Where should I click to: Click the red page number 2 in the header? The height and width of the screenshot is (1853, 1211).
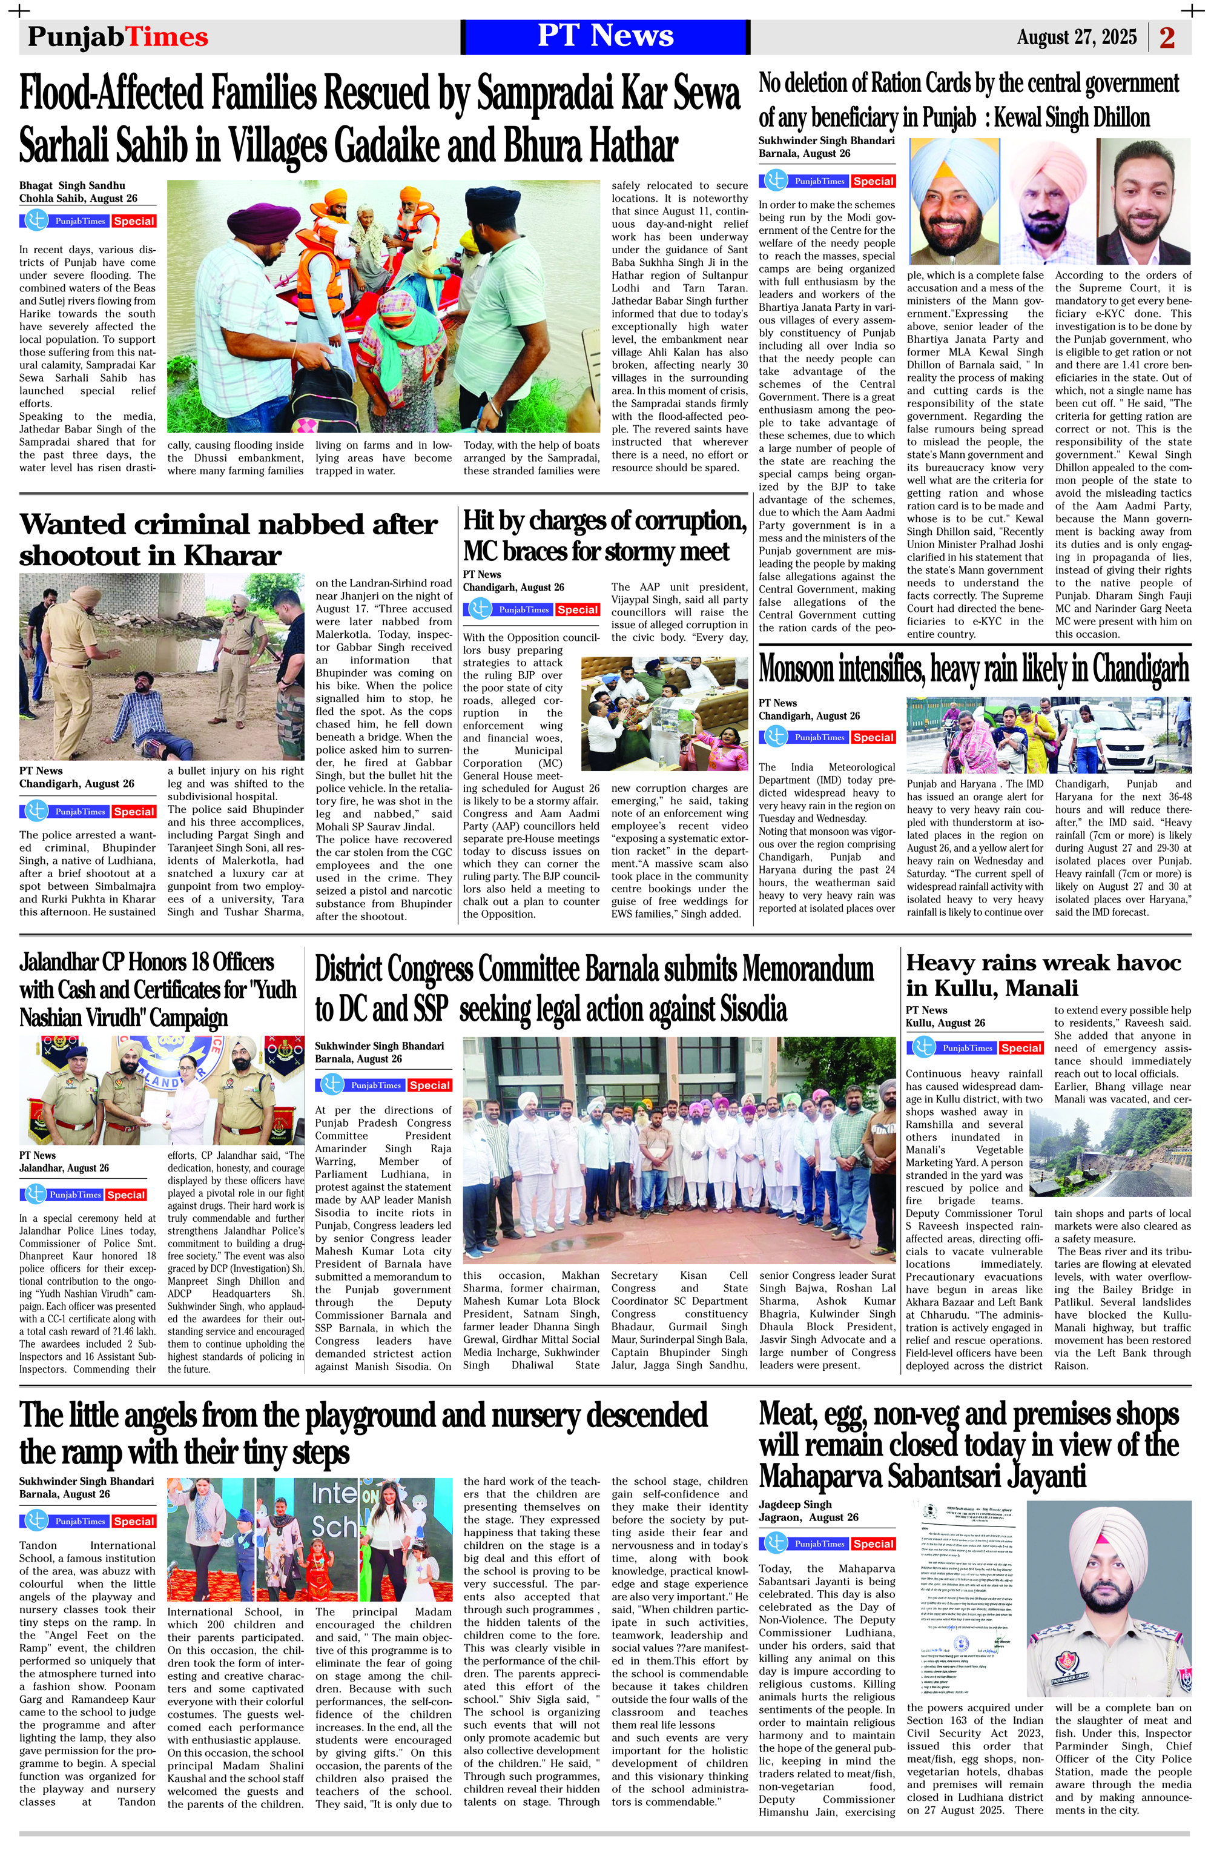click(1167, 38)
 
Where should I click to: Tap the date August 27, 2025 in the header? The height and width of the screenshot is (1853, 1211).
click(1077, 38)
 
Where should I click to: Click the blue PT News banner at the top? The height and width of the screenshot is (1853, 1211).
click(605, 36)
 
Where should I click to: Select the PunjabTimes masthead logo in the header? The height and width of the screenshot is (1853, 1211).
click(117, 38)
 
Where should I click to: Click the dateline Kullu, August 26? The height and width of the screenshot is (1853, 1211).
click(945, 1023)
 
